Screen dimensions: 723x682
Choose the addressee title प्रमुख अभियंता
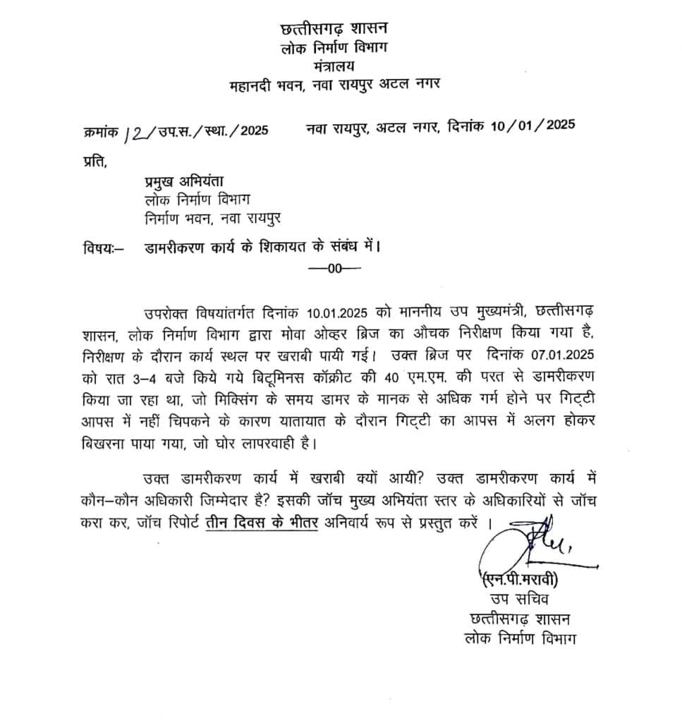point(183,182)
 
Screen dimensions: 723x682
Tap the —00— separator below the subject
point(334,267)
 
